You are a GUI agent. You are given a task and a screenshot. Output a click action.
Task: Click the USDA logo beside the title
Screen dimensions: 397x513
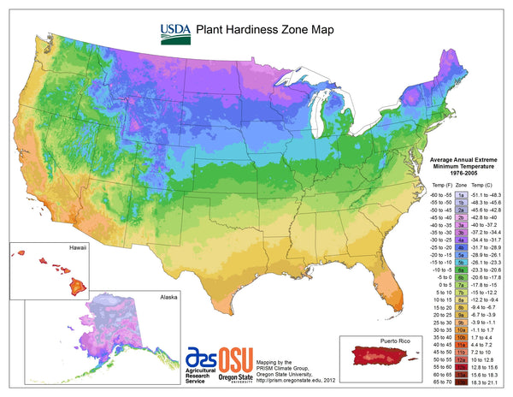[x=174, y=33]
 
